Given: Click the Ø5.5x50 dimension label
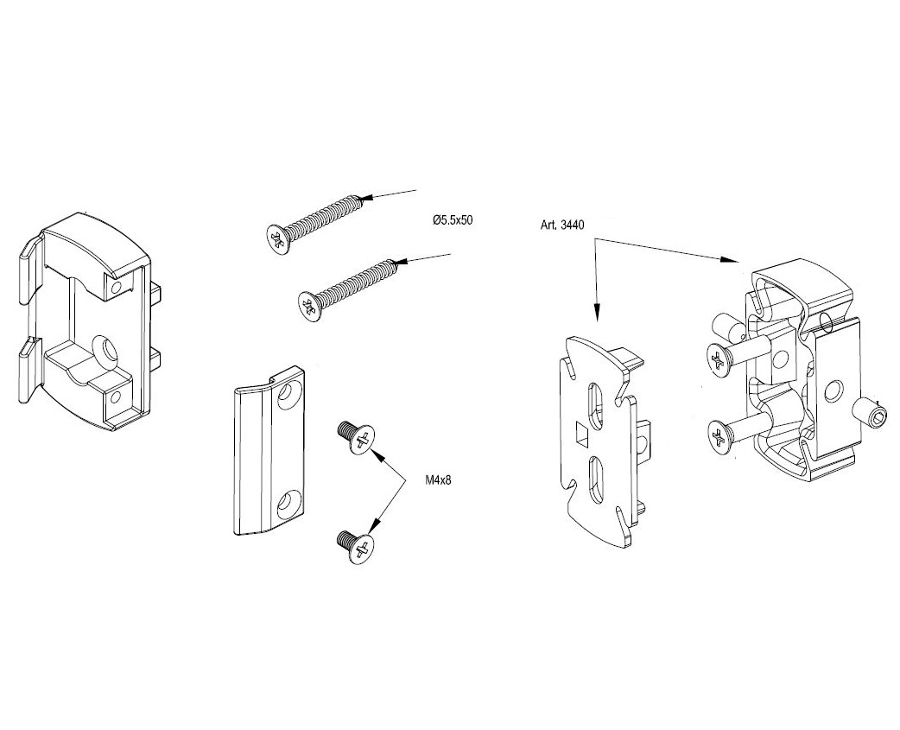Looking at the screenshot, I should click(x=453, y=221).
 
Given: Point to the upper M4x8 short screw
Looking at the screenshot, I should click(x=357, y=436).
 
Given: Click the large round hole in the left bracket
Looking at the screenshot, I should click(x=110, y=349).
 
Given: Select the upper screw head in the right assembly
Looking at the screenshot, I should click(x=719, y=359).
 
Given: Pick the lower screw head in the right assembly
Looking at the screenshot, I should click(x=720, y=435).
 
